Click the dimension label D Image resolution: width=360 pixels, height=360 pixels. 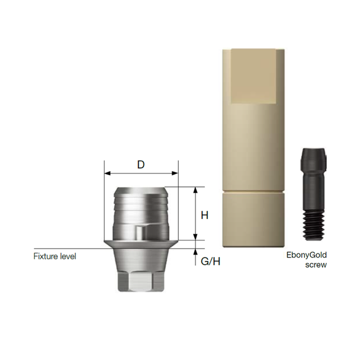coord(141,165)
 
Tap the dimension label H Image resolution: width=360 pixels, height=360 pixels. coord(204,216)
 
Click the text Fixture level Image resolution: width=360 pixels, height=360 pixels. coord(55,256)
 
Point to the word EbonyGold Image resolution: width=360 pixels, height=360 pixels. coord(306,255)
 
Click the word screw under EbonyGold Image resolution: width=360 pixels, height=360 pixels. coord(316,265)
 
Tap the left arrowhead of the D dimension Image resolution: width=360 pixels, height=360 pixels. coord(107,173)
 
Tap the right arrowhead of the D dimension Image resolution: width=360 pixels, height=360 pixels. coord(175,173)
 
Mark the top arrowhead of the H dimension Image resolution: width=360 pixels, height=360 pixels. coord(195,189)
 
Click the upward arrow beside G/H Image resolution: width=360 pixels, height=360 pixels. coord(195,253)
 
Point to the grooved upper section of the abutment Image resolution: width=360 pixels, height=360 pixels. coord(141,204)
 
